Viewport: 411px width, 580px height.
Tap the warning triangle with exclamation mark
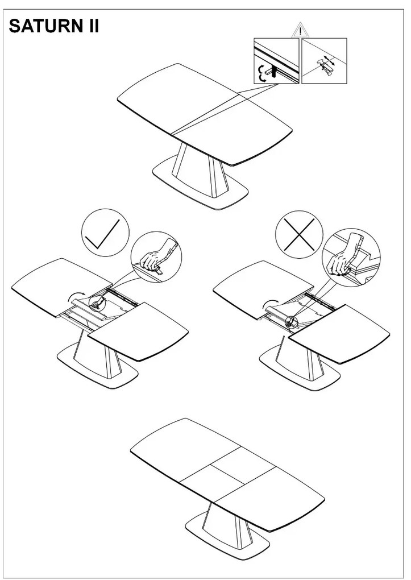(x=301, y=30)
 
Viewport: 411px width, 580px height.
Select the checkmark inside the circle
(x=102, y=234)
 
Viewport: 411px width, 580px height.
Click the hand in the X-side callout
(x=340, y=262)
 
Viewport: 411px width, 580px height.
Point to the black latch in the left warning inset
(x=274, y=70)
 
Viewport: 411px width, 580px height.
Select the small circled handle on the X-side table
(x=292, y=321)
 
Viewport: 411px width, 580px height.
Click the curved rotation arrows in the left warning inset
(x=262, y=73)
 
